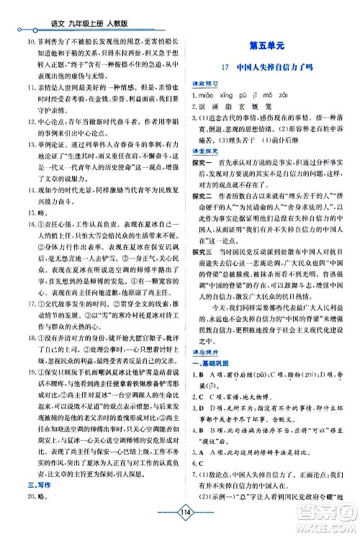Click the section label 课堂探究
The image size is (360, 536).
tap(202, 152)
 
